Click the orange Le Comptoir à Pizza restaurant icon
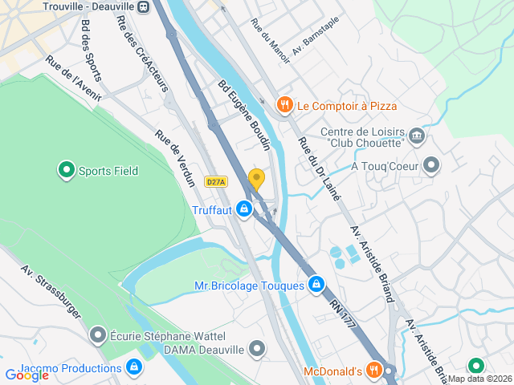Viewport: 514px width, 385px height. pyautogui.click(x=284, y=105)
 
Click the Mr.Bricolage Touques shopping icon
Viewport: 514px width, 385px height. pyautogui.click(x=317, y=285)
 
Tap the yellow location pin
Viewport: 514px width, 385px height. pyautogui.click(x=256, y=179)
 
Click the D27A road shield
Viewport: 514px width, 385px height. pyautogui.click(x=215, y=182)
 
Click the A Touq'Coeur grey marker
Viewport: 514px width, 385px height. pyautogui.click(x=432, y=166)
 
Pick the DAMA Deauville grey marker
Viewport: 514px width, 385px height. pyautogui.click(x=257, y=348)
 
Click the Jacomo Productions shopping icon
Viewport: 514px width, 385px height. pyautogui.click(x=134, y=368)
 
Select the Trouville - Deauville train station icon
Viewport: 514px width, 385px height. pyautogui.click(x=143, y=6)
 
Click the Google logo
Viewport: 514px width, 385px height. pyautogui.click(x=27, y=375)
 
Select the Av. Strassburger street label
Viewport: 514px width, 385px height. pyautogui.click(x=51, y=292)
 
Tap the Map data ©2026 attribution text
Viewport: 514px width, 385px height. pyautogui.click(x=479, y=379)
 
